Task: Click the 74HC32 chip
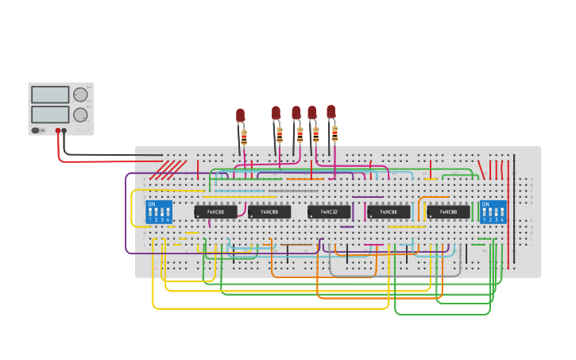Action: tap(329, 212)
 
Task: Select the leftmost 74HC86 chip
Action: tap(215, 212)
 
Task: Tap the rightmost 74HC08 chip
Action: tap(448, 212)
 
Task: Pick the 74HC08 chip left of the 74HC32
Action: tap(269, 212)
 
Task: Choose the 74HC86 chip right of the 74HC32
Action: tap(389, 212)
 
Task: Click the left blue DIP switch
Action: tap(159, 212)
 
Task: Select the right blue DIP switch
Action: tap(493, 212)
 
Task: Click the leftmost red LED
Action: tap(240, 116)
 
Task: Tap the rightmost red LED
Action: tap(331, 111)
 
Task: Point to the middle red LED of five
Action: tap(296, 112)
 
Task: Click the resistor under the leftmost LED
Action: tap(244, 138)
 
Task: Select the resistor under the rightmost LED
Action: tap(334, 133)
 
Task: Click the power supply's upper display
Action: tap(50, 95)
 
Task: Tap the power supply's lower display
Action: tap(50, 114)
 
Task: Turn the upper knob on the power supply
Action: tap(79, 95)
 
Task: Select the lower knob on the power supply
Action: tap(79, 114)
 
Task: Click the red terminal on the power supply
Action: tap(57, 130)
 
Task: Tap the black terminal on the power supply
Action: tap(64, 130)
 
